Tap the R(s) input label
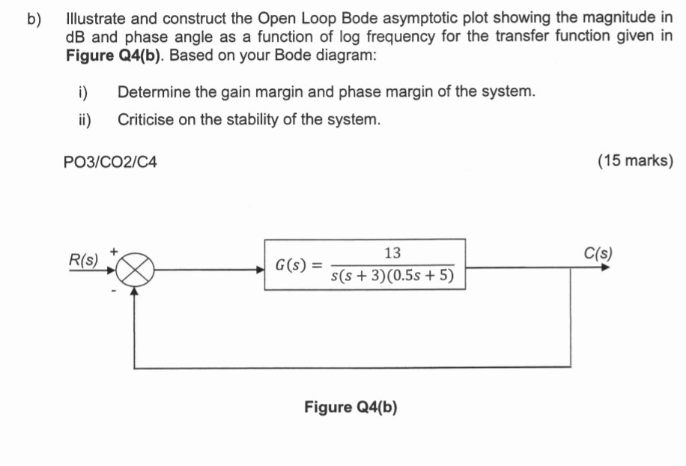click(x=83, y=260)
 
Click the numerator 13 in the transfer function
click(x=392, y=252)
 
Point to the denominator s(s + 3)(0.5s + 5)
click(x=392, y=277)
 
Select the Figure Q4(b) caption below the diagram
click(x=350, y=407)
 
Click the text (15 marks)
click(x=635, y=161)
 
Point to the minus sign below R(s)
click(x=113, y=291)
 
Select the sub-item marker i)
click(x=83, y=92)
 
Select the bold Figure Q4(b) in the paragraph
click(x=113, y=55)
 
